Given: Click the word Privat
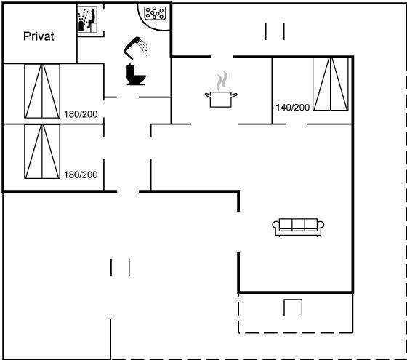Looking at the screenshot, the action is (39, 36).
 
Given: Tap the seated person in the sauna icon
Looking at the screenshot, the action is (92, 18).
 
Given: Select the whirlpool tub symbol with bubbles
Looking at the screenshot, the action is (155, 13).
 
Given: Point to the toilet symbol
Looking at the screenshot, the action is (135, 74).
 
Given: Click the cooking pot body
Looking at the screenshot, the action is (221, 99).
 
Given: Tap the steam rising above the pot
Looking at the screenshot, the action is (222, 80).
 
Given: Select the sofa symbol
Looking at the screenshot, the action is (298, 227).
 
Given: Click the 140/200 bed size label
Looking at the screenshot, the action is (292, 108).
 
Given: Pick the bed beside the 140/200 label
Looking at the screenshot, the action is (331, 84).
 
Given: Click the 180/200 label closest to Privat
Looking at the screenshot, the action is (81, 114).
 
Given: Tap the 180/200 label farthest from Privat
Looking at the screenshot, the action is (81, 175).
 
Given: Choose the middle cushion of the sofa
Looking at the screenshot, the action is (298, 224).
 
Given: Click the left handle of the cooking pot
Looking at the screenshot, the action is (207, 95).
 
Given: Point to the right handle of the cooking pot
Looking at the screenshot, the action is (234, 95).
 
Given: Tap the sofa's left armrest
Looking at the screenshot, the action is (275, 225).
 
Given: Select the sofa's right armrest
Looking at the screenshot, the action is (321, 225).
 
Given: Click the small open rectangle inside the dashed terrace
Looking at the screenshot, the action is (293, 300).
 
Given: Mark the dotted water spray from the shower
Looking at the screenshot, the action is (142, 47).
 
